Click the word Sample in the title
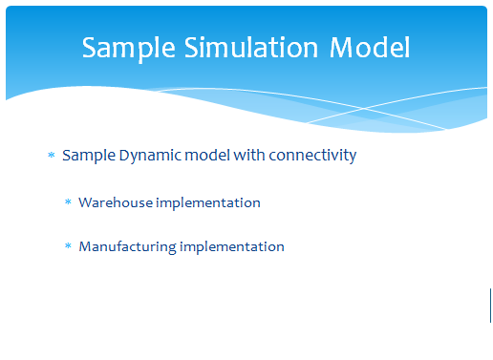[x=129, y=49]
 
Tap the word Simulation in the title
[x=251, y=47]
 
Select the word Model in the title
[x=370, y=48]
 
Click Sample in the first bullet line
[x=89, y=157]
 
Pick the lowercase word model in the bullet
[x=207, y=156]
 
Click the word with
[x=249, y=156]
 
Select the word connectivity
[x=312, y=157]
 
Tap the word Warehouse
[x=116, y=202]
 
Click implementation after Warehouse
[x=208, y=203]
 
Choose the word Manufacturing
[x=127, y=247]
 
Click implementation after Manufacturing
[x=232, y=247]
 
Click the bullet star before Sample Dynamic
[x=52, y=155]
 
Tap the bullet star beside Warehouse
[x=68, y=201]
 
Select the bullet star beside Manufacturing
[x=68, y=245]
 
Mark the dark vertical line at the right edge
[x=490, y=306]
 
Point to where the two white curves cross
[x=364, y=109]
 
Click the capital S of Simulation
[x=191, y=48]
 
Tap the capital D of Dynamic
[x=125, y=156]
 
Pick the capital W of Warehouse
[x=87, y=202]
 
